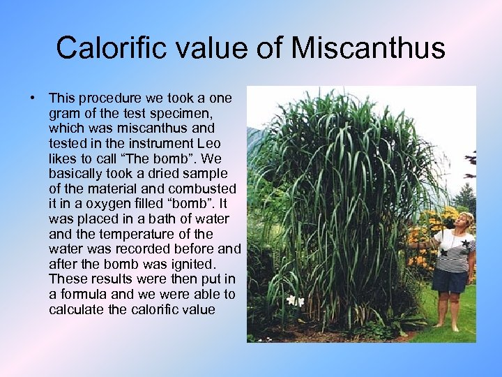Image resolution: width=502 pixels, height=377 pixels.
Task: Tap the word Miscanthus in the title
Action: (367, 47)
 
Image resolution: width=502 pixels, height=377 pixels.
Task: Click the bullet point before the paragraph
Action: (33, 98)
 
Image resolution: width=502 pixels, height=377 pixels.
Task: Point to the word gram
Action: (65, 114)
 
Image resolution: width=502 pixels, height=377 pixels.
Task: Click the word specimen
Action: (183, 114)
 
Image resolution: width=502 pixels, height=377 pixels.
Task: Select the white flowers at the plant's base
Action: (295, 301)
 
